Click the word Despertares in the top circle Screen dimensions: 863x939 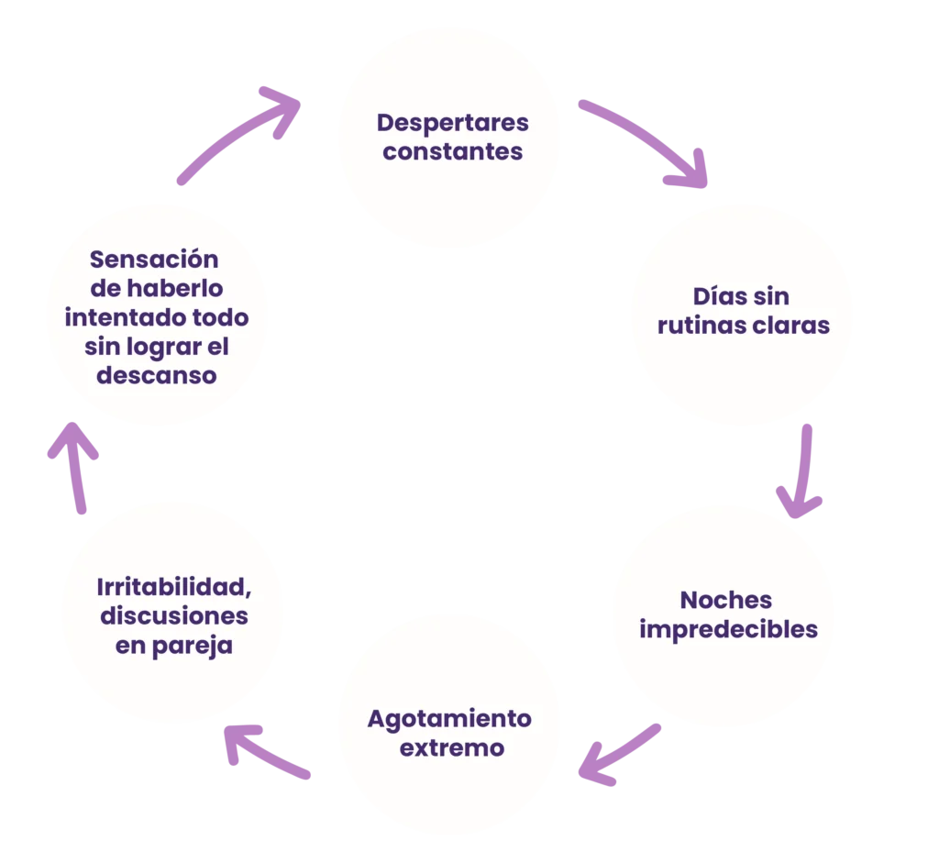(453, 122)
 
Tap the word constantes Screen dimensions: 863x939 (453, 151)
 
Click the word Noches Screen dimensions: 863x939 (726, 601)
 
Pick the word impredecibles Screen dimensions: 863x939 (728, 630)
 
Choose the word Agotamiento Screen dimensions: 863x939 (449, 718)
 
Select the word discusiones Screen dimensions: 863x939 (174, 615)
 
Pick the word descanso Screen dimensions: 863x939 (157, 376)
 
